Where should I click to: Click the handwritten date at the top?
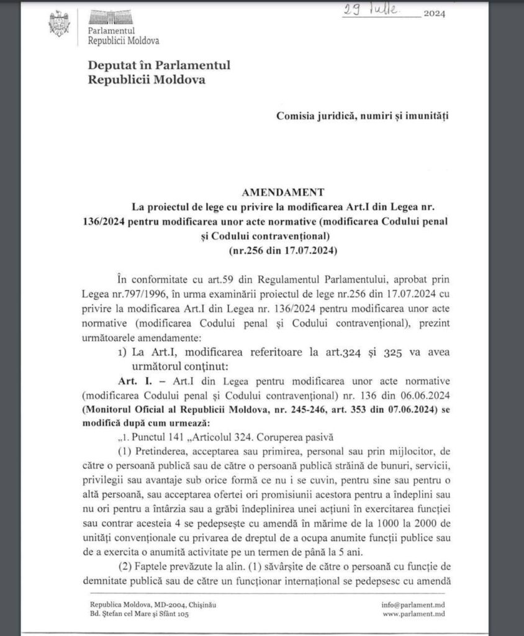pyautogui.click(x=381, y=11)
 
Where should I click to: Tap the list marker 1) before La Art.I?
pyautogui.click(x=122, y=353)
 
